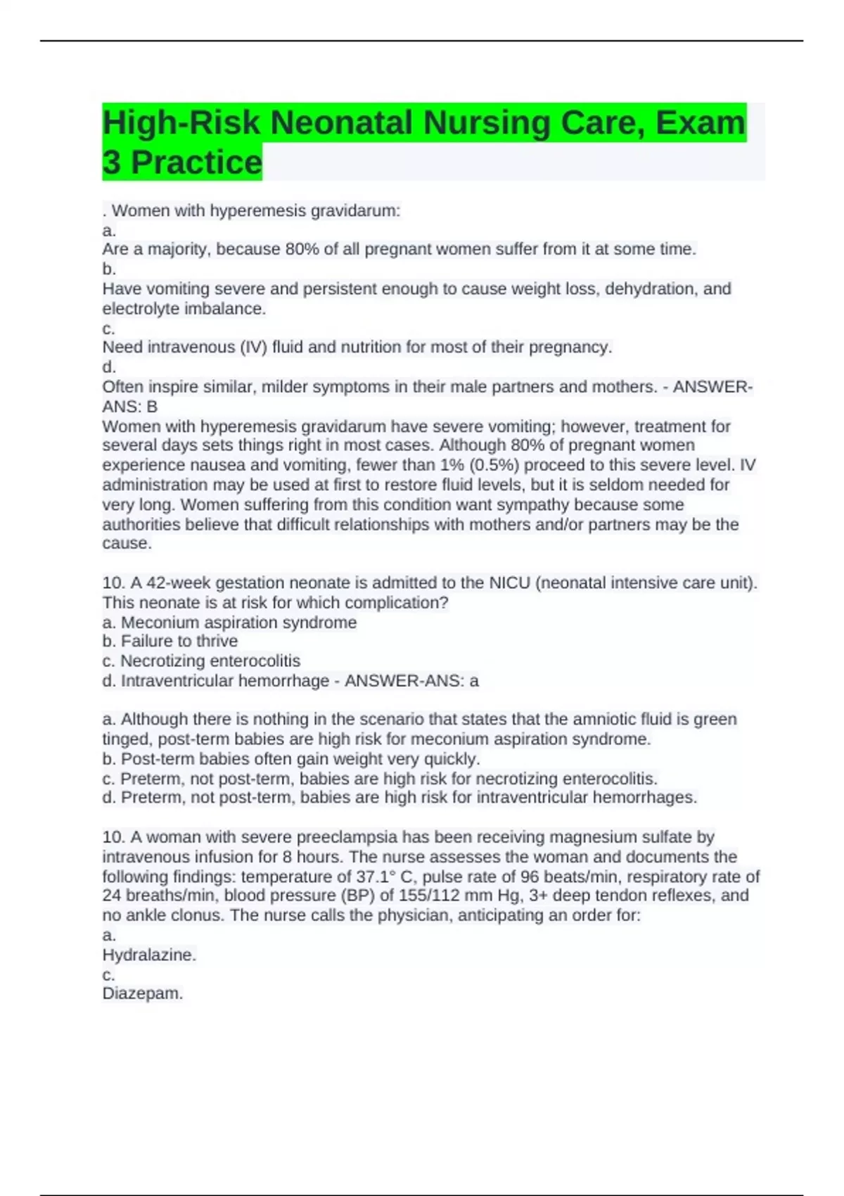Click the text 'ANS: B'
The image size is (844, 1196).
[x=130, y=407]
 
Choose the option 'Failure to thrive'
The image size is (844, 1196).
[x=179, y=642]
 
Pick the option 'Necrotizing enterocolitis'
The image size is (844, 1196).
[x=210, y=661]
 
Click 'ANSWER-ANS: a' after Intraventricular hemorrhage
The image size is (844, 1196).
[x=411, y=681]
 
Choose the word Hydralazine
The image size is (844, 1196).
[x=149, y=955]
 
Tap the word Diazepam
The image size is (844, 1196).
[x=142, y=994]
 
